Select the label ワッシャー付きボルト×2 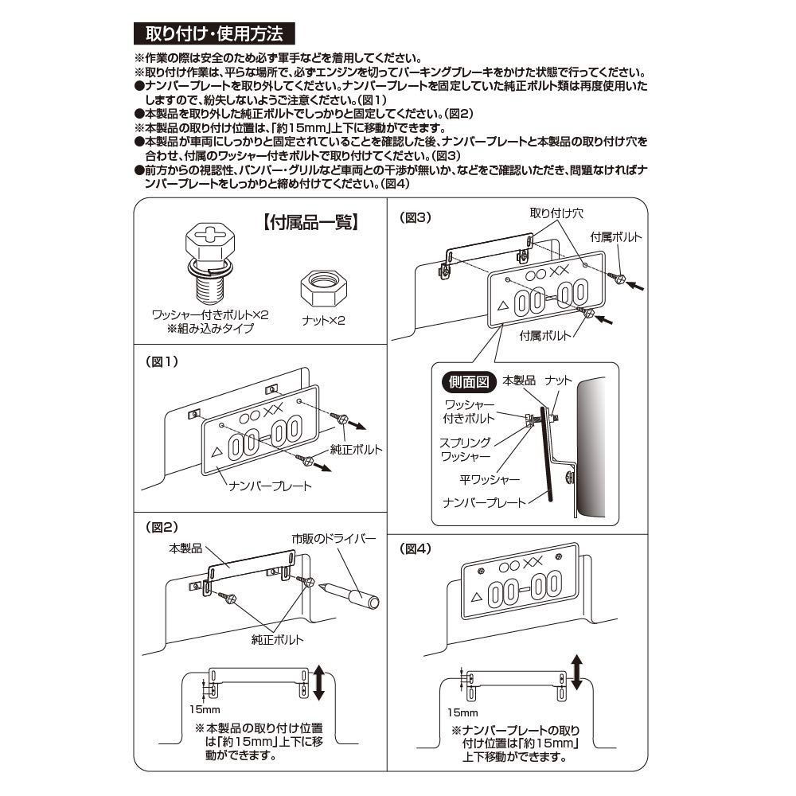(x=211, y=315)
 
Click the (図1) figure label (x=163, y=361)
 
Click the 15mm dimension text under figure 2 (x=204, y=708)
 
